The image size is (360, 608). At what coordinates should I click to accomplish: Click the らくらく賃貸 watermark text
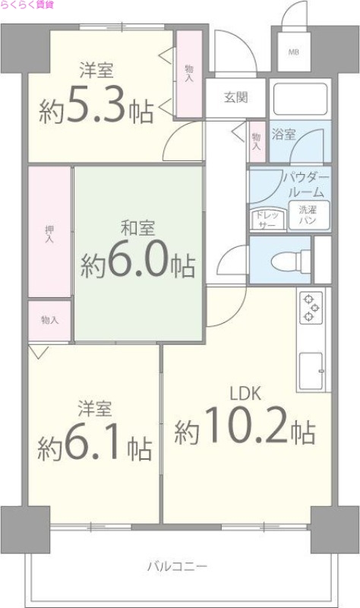point(27,5)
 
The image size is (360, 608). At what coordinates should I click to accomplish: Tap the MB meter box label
point(293,52)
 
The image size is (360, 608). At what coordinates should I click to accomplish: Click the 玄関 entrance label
point(235,97)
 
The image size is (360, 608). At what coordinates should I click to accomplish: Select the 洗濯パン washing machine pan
point(308,214)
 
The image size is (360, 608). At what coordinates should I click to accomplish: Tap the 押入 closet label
point(50,233)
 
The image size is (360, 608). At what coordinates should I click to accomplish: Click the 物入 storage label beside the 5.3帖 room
point(188,73)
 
